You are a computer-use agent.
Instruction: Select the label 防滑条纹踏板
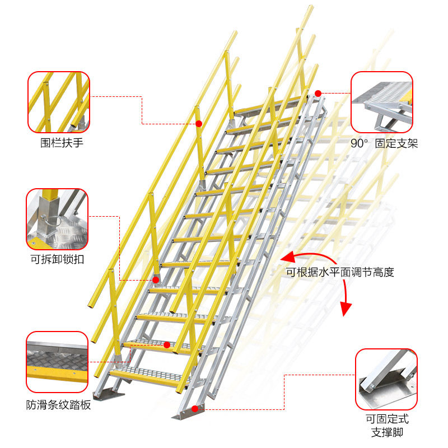tap(58, 405)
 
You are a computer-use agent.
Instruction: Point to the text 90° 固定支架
tap(384, 143)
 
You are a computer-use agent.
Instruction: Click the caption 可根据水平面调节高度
tap(340, 273)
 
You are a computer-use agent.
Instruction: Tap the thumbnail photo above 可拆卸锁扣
tap(57, 219)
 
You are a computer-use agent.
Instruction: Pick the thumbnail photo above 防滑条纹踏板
tap(57, 362)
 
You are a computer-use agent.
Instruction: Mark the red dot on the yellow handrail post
tap(199, 123)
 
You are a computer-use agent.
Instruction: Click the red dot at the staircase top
tap(318, 94)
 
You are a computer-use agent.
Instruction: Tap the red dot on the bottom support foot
tap(194, 409)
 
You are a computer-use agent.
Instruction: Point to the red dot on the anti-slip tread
tap(167, 345)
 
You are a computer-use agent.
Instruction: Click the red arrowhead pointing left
tap(287, 258)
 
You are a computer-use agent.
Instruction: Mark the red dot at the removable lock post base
tap(156, 279)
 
